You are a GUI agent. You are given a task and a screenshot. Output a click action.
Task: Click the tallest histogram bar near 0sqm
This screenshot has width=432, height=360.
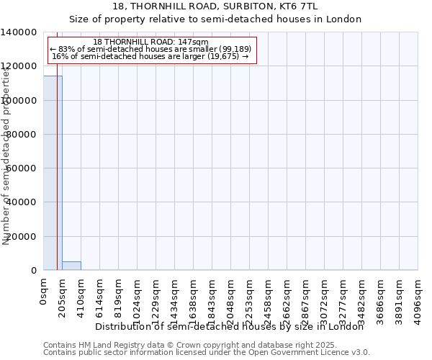(x=53, y=173)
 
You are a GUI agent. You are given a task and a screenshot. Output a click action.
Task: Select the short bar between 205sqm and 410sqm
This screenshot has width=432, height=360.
(x=71, y=266)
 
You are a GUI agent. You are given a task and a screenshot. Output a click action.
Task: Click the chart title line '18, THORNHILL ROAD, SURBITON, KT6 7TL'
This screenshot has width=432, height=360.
(x=215, y=6)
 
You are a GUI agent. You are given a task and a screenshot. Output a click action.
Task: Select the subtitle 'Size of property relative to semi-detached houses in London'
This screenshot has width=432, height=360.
(x=215, y=19)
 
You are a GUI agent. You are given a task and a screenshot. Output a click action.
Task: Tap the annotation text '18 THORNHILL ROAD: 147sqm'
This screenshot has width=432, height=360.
(x=151, y=42)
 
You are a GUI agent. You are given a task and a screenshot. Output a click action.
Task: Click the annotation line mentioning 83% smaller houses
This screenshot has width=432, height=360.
(x=151, y=49)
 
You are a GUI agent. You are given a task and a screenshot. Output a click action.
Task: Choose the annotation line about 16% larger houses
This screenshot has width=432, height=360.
(x=151, y=56)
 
